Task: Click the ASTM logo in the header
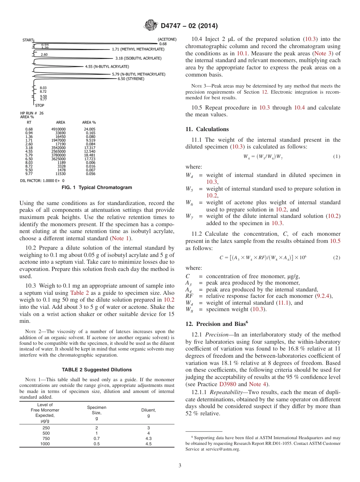(x=151, y=26)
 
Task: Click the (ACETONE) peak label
(x=167, y=39)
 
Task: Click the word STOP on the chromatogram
(x=39, y=105)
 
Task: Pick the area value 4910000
(x=58, y=129)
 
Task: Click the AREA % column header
(x=89, y=122)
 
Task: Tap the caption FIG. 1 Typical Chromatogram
(x=97, y=188)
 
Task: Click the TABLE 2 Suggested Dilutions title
(x=97, y=369)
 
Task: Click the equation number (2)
(x=337, y=258)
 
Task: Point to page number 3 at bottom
(x=180, y=465)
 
